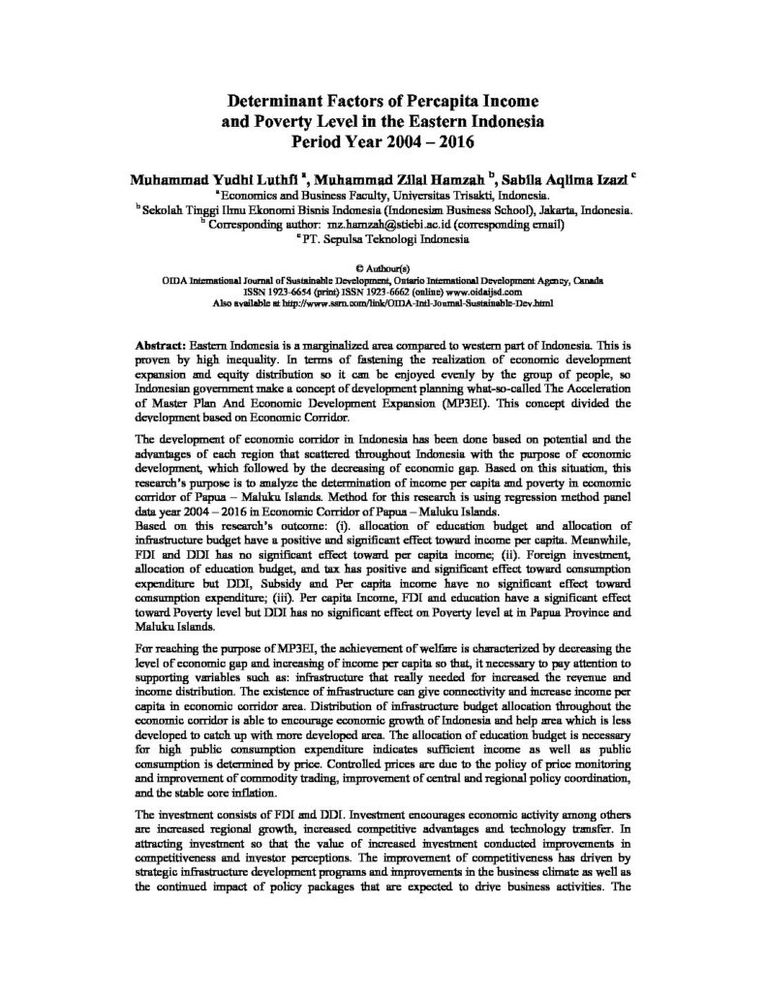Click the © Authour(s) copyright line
383,264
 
